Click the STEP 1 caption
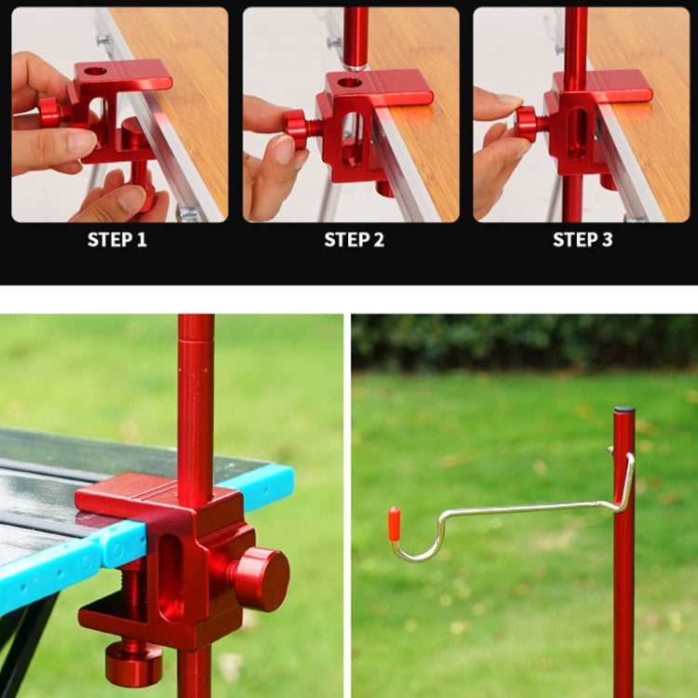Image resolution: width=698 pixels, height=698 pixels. [117, 239]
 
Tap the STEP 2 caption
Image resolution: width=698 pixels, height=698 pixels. [354, 239]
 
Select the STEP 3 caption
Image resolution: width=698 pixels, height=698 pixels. [583, 239]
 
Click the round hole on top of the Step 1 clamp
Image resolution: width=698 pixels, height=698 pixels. [95, 71]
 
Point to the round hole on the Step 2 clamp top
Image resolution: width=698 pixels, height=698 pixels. [350, 83]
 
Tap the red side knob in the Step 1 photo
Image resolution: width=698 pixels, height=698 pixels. [49, 112]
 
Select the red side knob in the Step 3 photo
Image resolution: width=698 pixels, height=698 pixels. [528, 122]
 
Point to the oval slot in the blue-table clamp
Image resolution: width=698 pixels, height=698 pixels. [171, 577]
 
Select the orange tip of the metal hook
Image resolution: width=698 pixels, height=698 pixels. [394, 524]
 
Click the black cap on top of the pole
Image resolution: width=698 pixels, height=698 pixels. [624, 409]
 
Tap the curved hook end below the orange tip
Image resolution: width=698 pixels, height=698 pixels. [409, 556]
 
